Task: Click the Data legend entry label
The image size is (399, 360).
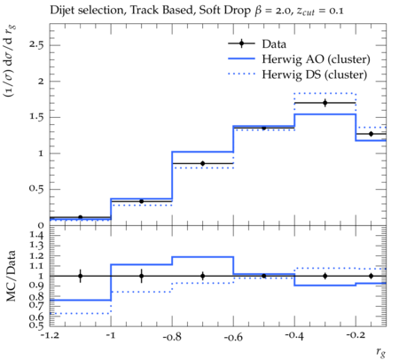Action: (274, 44)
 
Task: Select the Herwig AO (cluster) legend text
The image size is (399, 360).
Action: (316, 59)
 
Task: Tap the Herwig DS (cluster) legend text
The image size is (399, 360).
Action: (315, 74)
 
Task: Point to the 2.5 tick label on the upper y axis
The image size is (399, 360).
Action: (36, 45)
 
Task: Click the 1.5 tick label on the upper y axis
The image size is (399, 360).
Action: (36, 117)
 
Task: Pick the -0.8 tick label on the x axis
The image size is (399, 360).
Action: (172, 337)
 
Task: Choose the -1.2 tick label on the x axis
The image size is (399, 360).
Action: (50, 337)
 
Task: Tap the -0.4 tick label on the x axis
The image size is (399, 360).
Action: (294, 337)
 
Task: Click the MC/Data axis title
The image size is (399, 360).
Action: (12, 276)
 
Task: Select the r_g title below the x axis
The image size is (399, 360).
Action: (381, 352)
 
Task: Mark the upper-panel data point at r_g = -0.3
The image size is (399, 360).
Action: (325, 103)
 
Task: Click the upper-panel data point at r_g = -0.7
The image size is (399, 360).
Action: (202, 163)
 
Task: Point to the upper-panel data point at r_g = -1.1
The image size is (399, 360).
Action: (80, 217)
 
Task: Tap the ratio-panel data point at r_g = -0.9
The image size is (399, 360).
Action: (141, 276)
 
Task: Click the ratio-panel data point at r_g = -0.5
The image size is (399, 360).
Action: (263, 276)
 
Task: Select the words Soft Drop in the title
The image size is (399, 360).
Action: (224, 11)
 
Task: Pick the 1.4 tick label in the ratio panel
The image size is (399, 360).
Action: (36, 236)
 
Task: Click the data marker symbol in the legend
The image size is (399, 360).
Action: (241, 43)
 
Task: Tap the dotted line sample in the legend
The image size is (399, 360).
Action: (241, 74)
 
